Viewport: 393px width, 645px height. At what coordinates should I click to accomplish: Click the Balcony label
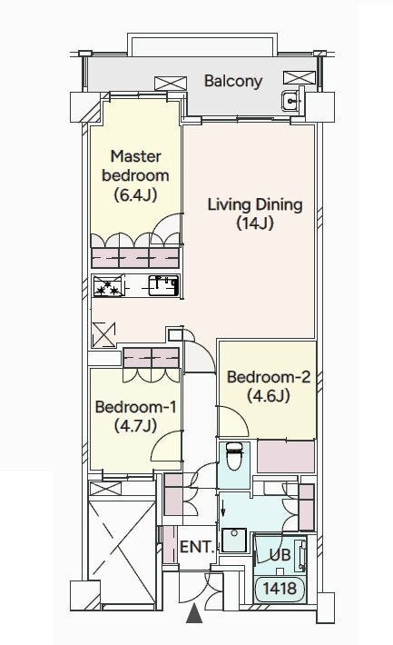(233, 81)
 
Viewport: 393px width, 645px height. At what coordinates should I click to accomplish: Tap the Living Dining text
(255, 204)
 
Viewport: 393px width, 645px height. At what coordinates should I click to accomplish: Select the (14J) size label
(255, 223)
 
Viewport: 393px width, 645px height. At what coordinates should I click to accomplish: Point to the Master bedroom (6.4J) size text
(135, 194)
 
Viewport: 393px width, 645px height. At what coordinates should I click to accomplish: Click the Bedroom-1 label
(135, 407)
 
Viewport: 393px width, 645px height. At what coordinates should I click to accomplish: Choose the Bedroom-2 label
(269, 377)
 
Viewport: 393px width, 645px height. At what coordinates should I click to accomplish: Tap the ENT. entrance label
(197, 547)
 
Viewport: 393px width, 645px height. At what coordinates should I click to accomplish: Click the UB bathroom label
(280, 555)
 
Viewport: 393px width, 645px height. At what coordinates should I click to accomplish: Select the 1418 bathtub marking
(280, 589)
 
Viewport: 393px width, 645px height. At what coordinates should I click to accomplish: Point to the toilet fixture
(234, 456)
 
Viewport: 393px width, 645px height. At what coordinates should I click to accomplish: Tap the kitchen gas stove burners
(108, 286)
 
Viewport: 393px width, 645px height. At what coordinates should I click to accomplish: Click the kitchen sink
(163, 286)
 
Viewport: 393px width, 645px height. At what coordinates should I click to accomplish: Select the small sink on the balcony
(290, 100)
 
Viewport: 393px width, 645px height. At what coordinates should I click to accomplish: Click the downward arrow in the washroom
(223, 507)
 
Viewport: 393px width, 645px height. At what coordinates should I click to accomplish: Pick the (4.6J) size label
(269, 396)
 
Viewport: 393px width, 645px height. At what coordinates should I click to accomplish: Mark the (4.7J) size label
(135, 425)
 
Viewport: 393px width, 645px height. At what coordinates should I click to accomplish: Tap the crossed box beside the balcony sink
(300, 78)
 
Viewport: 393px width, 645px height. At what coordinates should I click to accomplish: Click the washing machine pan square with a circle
(234, 540)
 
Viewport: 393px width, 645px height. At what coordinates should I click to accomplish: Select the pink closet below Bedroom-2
(286, 456)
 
